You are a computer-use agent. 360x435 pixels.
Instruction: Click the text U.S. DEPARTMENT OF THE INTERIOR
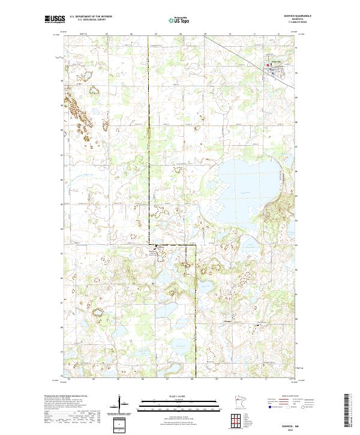(x=89, y=17)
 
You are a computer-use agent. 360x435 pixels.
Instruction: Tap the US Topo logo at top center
(x=180, y=19)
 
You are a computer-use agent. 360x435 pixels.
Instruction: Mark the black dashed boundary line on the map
(x=149, y=150)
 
